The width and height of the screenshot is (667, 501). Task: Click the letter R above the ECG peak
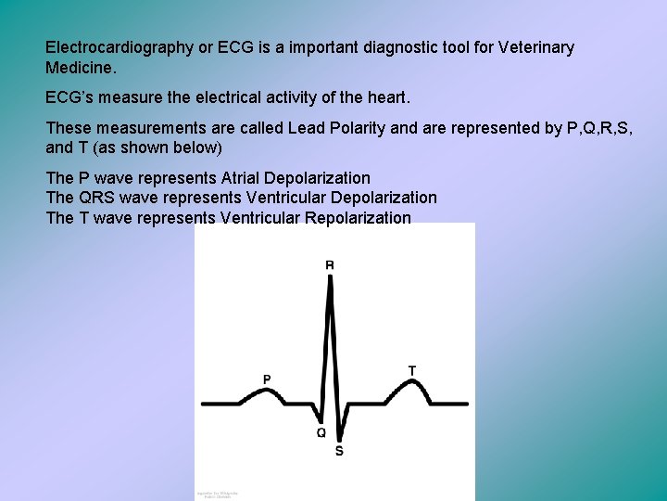point(330,265)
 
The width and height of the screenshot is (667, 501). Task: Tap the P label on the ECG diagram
point(267,379)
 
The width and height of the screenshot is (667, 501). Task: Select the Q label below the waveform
point(321,432)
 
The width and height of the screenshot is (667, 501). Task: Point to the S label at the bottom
point(338,451)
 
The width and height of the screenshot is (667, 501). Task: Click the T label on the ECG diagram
point(412,370)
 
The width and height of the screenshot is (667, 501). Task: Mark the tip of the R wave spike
point(330,278)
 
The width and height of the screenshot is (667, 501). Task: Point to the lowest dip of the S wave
point(338,439)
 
